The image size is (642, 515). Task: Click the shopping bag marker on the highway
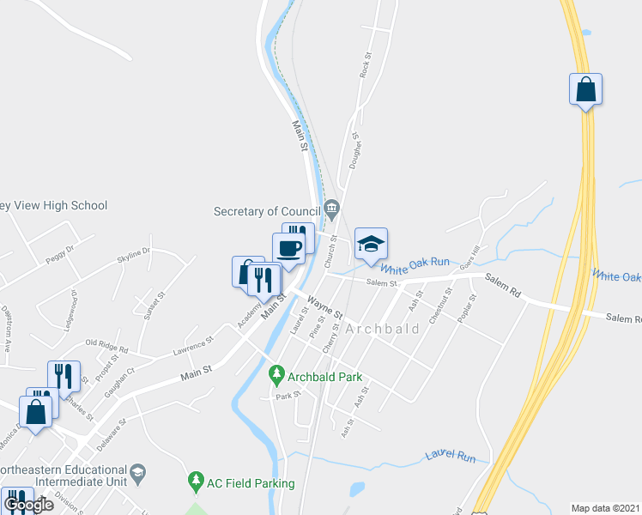click(585, 89)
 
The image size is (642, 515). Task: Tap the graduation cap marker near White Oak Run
click(371, 244)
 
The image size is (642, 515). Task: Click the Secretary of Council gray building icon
click(332, 209)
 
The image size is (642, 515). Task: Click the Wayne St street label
click(325, 306)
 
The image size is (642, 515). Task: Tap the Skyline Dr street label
click(134, 257)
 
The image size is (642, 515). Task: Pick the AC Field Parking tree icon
click(197, 482)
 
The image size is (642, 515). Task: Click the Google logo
click(29, 505)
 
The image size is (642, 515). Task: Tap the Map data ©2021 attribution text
click(606, 508)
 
